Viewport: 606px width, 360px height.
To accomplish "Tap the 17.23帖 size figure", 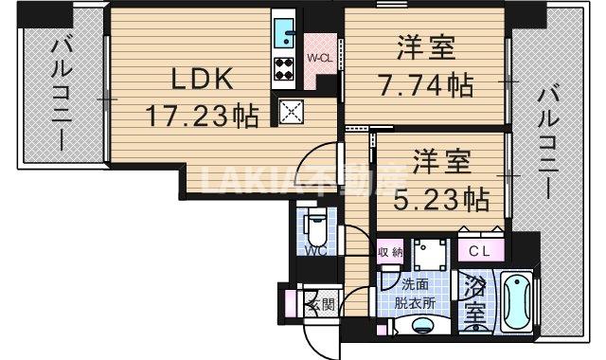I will click(202, 117).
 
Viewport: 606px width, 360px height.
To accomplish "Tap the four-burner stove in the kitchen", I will click(284, 67).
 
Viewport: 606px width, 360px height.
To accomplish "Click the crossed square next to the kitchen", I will click(291, 112).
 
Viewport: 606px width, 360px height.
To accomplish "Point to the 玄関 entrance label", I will click(321, 304).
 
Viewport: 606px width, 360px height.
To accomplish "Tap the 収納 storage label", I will click(390, 252).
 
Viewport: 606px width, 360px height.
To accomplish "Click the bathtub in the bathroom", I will click(516, 303).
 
